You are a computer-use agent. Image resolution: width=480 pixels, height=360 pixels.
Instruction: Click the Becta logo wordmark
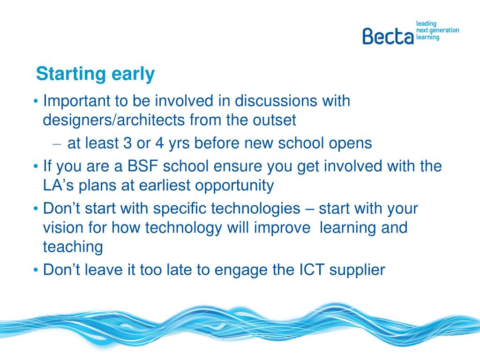coord(388,36)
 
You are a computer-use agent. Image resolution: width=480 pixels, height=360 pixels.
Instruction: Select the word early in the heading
coord(133,75)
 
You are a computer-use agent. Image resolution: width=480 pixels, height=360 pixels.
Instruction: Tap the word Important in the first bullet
coord(76,101)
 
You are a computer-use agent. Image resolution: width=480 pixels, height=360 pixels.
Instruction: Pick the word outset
coord(274,120)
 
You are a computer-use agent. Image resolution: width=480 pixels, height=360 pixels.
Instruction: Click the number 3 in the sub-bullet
coord(127,143)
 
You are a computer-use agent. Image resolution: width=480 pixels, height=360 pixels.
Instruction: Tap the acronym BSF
coord(142,166)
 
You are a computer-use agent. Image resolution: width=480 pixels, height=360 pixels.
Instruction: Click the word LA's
coord(59,185)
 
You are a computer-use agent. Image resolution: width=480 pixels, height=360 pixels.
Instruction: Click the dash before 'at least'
coord(57,144)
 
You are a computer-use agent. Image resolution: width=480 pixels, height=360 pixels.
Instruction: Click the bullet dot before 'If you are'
coord(36,167)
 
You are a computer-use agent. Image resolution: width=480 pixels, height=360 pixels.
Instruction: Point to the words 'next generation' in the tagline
coord(438,30)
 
